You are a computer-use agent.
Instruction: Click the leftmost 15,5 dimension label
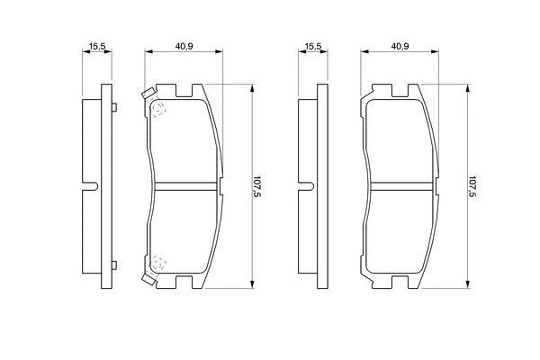coord(97,46)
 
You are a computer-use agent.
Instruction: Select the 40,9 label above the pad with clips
coord(184,46)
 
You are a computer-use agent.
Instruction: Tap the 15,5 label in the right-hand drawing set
coord(313,46)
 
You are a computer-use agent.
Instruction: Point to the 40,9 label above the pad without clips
coord(400,46)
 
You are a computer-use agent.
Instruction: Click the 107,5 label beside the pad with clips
coord(256,186)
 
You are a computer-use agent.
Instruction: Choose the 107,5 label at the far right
coord(472,186)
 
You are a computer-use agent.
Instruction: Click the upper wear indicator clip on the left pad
coord(148,94)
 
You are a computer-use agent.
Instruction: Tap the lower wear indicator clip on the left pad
coord(148,279)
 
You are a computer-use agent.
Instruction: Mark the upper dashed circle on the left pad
coord(158,110)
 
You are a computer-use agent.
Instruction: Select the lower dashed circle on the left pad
coord(158,263)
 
